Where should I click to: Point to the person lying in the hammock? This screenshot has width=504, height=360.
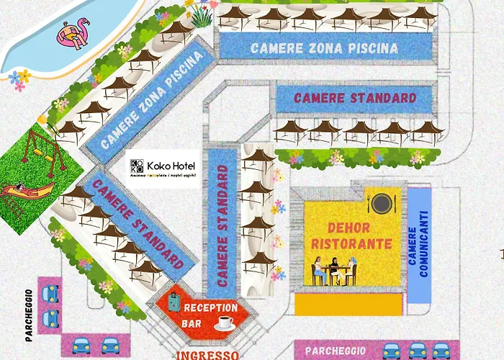pos(25,191)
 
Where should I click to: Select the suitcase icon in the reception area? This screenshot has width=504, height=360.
pos(174,302)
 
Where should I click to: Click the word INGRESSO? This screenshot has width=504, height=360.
pos(207,355)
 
